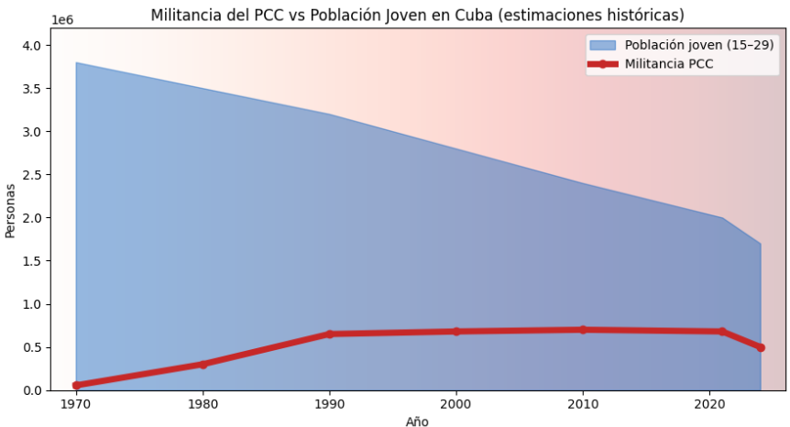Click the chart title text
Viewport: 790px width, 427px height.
coord(417,16)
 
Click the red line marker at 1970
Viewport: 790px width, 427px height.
coord(76,385)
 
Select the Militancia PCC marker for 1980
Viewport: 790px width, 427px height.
coord(203,364)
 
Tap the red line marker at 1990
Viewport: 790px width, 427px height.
coord(330,334)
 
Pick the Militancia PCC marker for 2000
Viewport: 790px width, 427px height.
coord(456,331)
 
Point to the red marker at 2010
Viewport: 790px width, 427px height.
coord(583,329)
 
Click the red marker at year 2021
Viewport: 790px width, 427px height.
coord(722,331)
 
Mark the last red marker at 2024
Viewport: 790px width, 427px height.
coord(761,347)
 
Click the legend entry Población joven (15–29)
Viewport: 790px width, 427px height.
coord(699,44)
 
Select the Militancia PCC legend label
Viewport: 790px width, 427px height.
coord(668,63)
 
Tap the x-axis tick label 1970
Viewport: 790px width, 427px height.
coord(76,404)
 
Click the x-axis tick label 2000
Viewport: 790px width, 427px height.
coord(456,404)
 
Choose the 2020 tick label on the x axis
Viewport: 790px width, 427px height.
coord(709,404)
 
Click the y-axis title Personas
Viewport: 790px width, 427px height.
coord(11,209)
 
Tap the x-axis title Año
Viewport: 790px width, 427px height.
coord(417,421)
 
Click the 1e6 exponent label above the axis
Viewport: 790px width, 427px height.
coord(63,19)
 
